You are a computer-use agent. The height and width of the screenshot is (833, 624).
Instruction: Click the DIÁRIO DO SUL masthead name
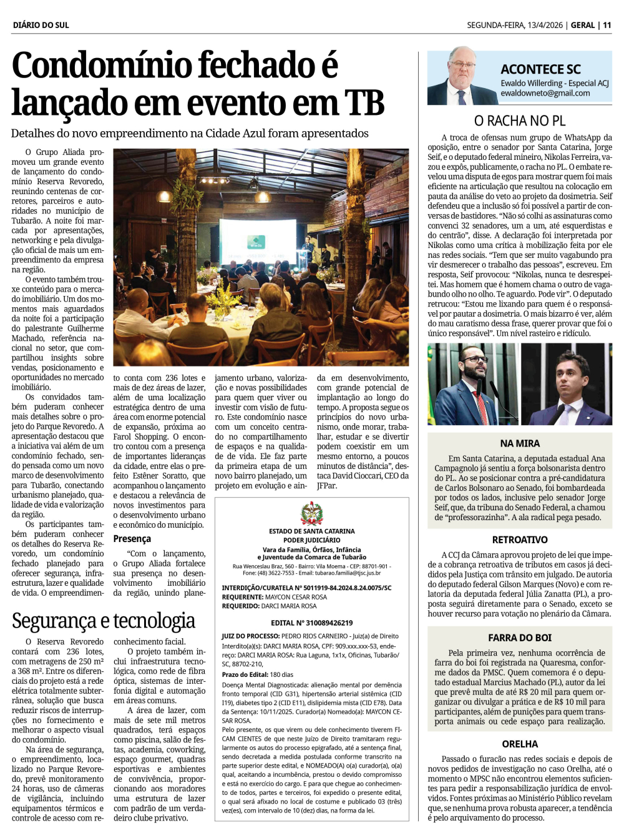41,25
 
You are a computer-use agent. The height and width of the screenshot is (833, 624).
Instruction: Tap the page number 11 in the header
607,25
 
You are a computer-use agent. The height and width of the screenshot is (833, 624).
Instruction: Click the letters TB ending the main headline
364,102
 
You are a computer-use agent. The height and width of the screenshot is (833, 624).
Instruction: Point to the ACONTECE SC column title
540,69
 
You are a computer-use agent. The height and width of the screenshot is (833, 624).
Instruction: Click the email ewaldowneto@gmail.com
545,93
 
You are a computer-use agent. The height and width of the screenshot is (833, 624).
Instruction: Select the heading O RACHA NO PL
519,121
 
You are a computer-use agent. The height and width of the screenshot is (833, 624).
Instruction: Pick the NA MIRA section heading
520,443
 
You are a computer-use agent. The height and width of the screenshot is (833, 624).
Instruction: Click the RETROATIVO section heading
520,540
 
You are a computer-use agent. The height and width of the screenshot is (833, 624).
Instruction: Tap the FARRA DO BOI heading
520,638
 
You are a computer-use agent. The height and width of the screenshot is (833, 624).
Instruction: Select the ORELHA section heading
520,744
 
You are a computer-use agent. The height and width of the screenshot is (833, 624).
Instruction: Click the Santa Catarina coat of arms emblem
311,513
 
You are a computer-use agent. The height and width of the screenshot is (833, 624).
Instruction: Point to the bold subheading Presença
132,539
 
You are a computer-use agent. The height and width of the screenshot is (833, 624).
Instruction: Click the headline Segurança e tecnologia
104,621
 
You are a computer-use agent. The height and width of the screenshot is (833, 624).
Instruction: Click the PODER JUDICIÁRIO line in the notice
311,540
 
